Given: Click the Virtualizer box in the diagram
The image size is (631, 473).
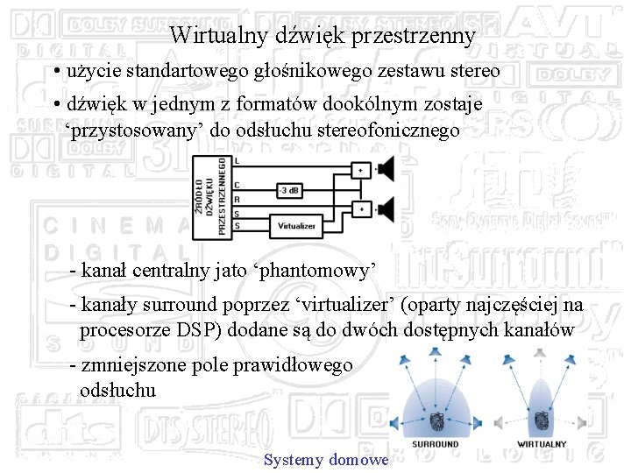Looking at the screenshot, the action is tap(296, 224).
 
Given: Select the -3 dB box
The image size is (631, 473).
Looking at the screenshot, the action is tap(290, 189).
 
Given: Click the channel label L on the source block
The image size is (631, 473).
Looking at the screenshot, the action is tap(238, 161).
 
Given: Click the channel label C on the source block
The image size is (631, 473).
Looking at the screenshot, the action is tap(238, 185).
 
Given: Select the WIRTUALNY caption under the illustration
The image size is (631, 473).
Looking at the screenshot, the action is tap(542, 444).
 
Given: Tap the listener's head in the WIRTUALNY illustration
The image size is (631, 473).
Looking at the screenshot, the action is tap(542, 420).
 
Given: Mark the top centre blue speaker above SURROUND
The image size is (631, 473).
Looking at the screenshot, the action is tap(436, 353).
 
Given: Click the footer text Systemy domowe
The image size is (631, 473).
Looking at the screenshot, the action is tap(325, 460).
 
